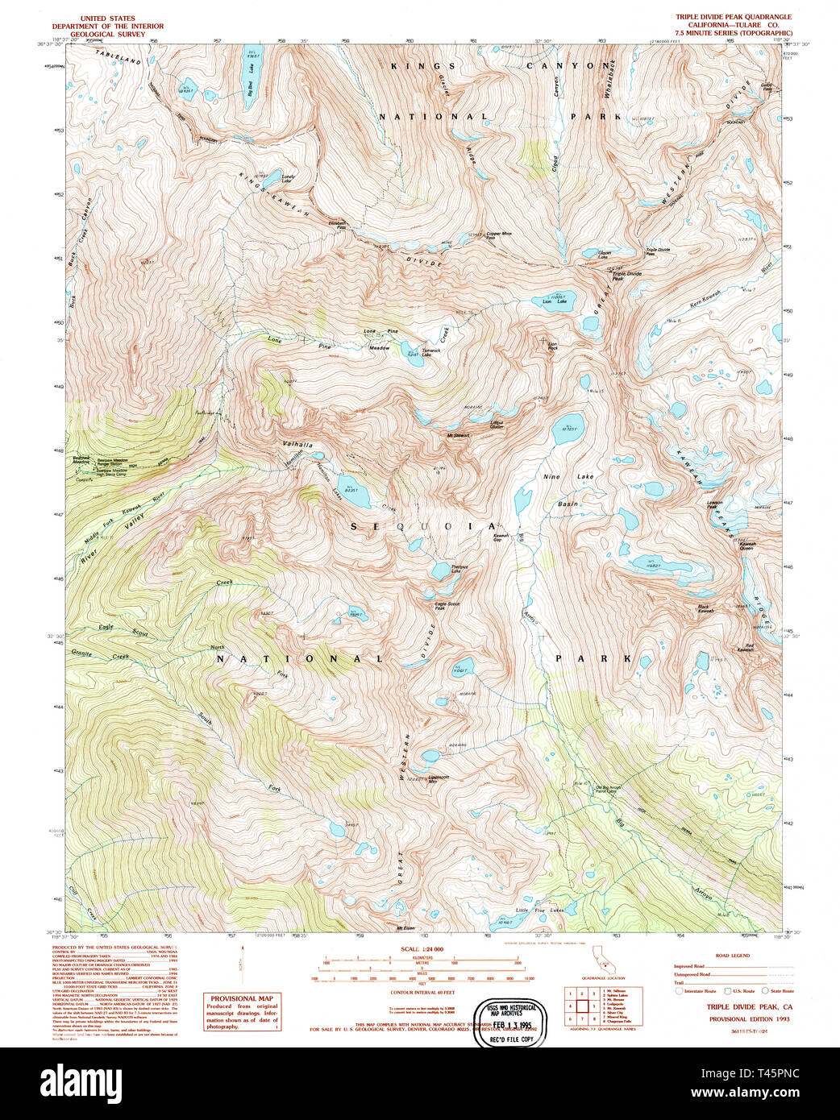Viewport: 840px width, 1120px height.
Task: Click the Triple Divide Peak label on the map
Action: [x=628, y=276]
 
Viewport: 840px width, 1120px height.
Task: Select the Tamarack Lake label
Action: [x=431, y=353]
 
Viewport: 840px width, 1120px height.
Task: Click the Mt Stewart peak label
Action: [x=458, y=436]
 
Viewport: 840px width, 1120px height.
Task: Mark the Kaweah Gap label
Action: [x=501, y=537]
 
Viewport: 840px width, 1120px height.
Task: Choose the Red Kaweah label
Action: [x=745, y=648]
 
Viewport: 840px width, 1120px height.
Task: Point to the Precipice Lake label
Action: [x=459, y=569]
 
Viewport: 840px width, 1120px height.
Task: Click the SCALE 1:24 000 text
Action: [x=422, y=949]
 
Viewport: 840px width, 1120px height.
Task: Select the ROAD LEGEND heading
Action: [x=733, y=956]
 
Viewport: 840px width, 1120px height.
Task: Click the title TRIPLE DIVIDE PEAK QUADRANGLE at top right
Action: [x=734, y=17]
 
